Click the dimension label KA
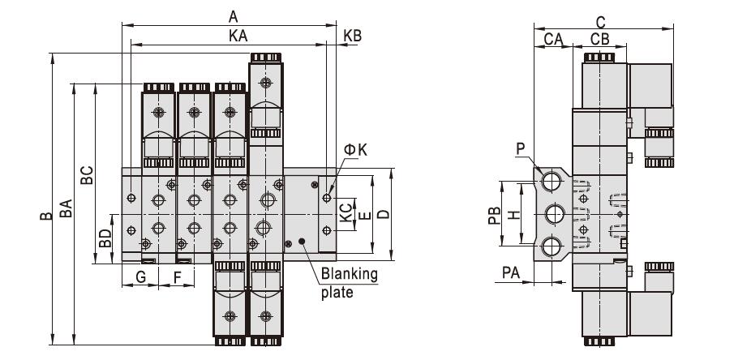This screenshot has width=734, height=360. coord(238,36)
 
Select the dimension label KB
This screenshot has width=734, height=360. coord(353,36)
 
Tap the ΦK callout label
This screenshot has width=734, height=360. coord(355,150)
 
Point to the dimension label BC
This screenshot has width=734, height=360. coord(87,175)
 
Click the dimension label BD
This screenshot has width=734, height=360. coord(105,238)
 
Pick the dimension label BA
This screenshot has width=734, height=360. coord(66,208)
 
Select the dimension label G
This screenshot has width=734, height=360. coord(140,277)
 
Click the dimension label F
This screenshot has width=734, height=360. coord(178,277)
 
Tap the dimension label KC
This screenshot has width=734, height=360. coord(346,212)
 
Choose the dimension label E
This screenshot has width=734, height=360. coord(366,216)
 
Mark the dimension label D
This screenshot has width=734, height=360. coord(384,214)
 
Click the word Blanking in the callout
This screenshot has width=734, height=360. coord(350,274)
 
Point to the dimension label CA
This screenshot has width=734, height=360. coord(553,39)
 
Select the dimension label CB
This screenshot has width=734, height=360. coord(599,39)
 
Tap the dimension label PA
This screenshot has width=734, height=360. coord(511,272)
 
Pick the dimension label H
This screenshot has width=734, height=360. coord(514,215)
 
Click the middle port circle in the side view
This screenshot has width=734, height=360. coord(555,215)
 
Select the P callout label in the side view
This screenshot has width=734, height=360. coord(521,149)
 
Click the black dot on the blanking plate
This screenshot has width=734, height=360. coord(302,242)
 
